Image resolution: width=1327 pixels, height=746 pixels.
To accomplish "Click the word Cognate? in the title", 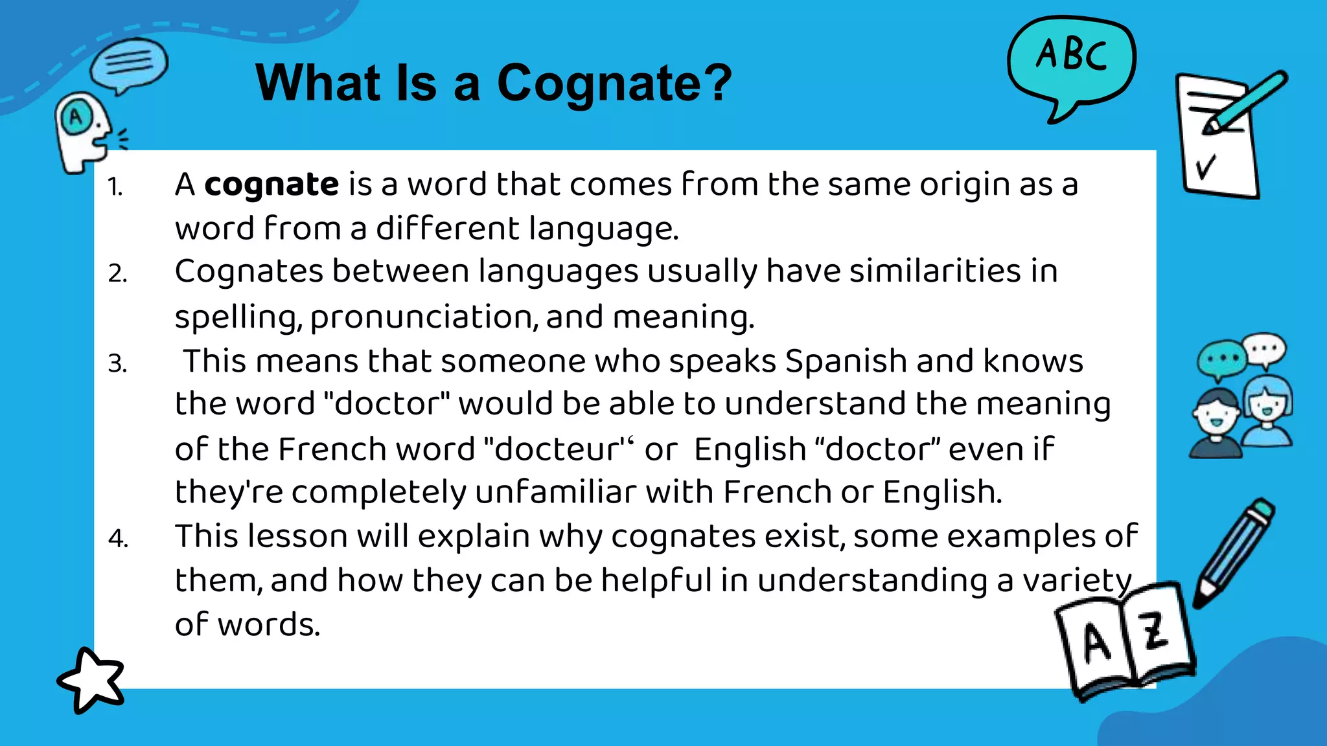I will coord(614,84).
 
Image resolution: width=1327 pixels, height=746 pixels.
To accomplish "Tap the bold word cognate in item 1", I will coord(271,185).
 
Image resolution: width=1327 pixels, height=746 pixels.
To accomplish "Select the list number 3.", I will coord(117,364).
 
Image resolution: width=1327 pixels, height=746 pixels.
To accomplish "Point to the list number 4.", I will coord(118,539).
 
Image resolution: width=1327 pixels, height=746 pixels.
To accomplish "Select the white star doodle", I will coord(91,680).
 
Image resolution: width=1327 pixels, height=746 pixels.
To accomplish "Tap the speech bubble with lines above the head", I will coord(128,63).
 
